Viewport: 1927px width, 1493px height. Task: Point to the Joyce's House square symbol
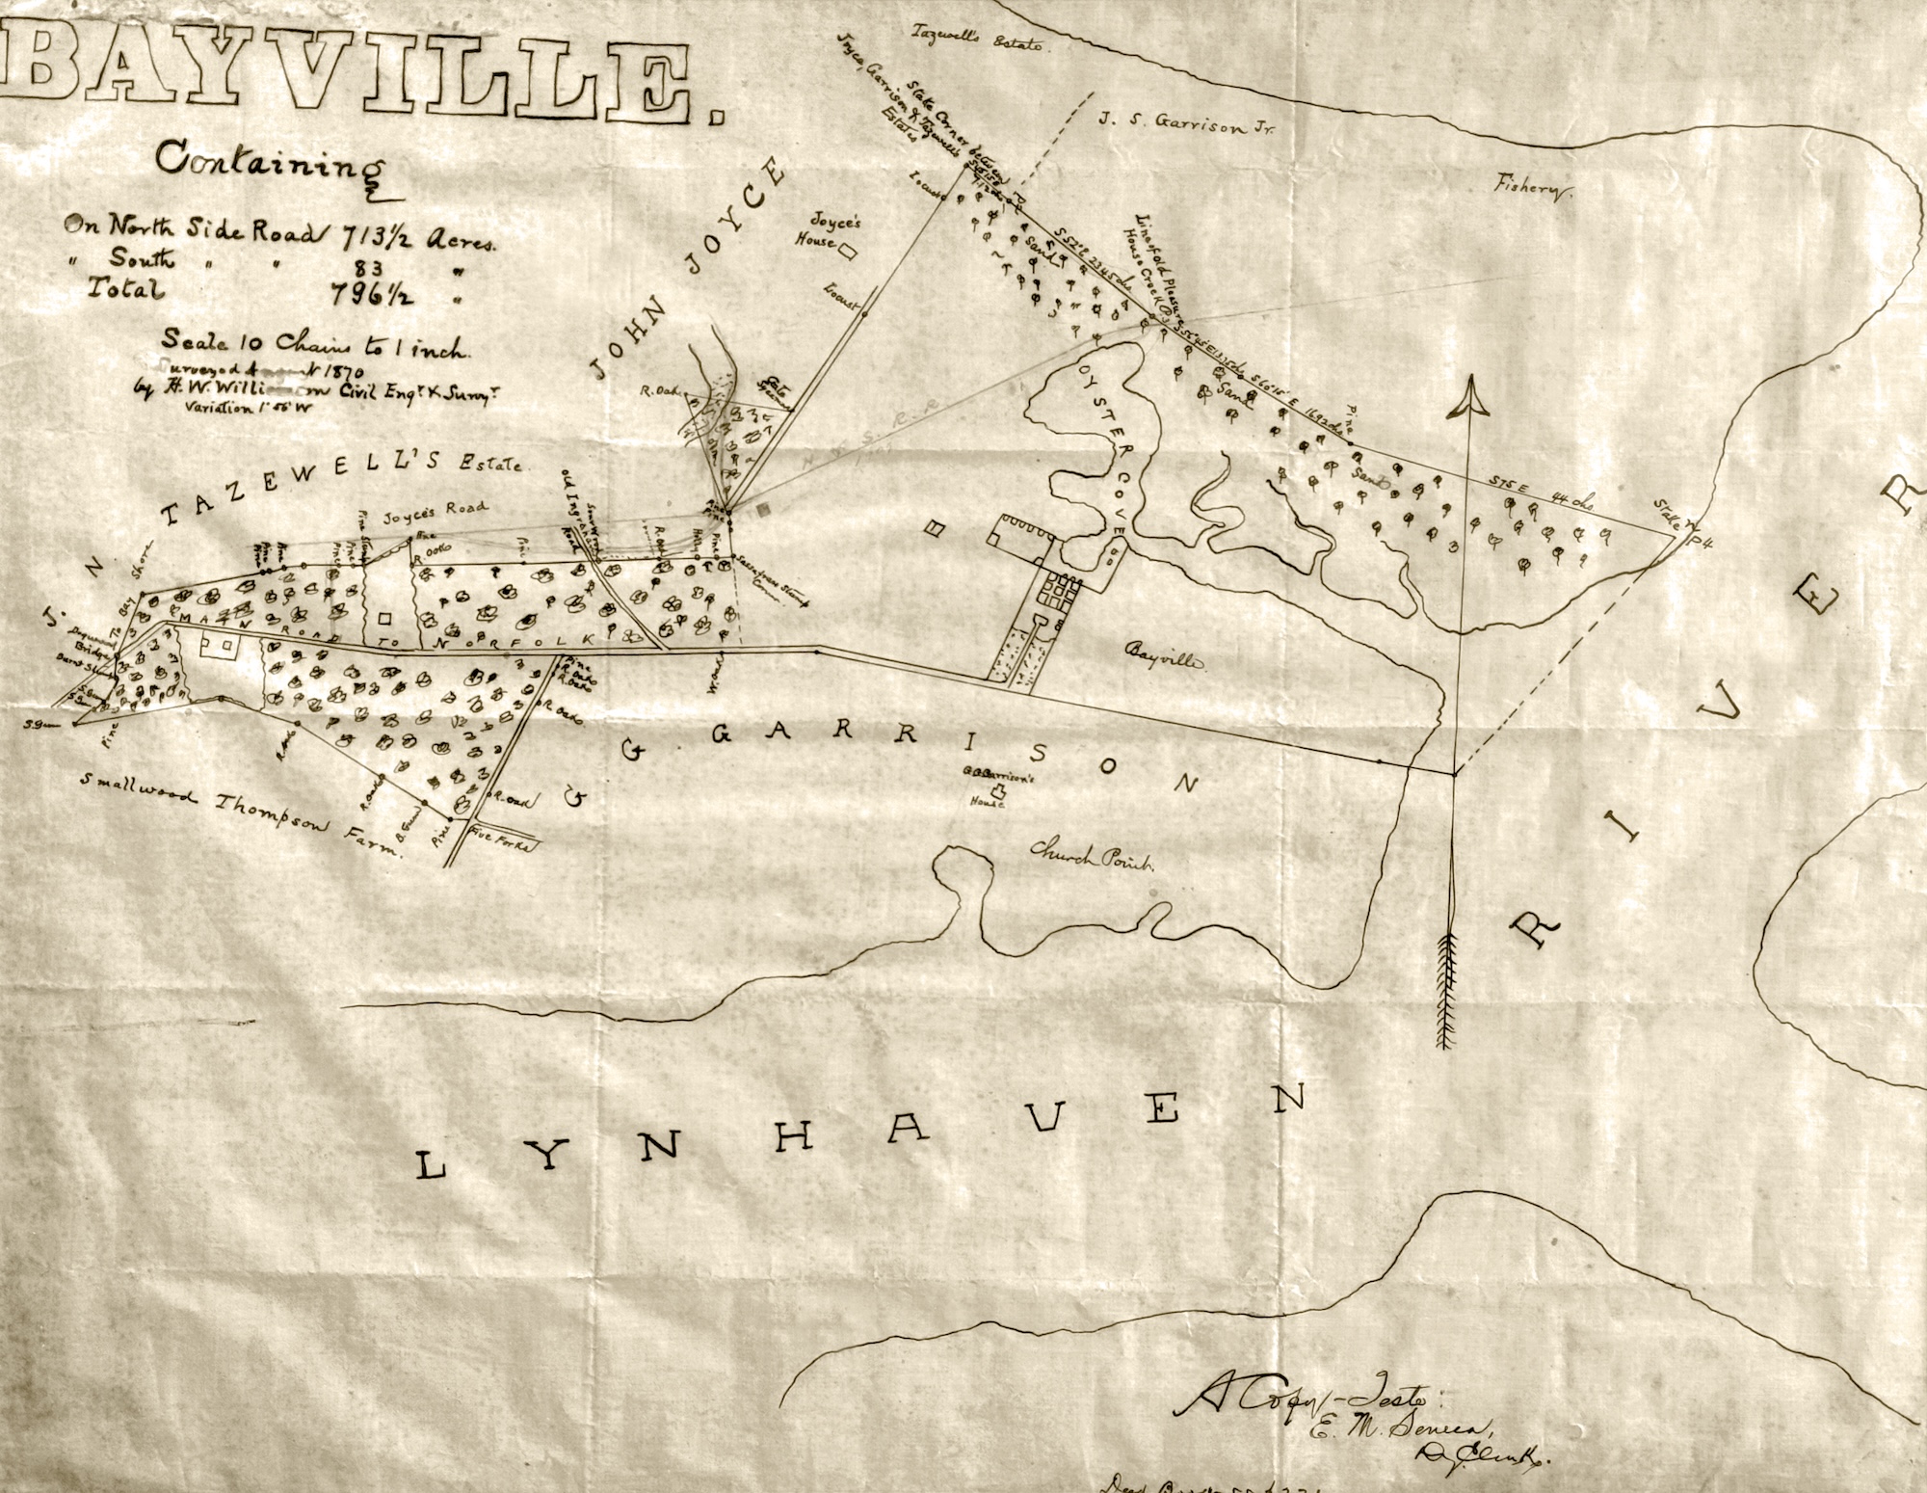[x=849, y=253]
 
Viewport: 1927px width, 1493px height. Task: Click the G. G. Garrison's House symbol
[x=999, y=793]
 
